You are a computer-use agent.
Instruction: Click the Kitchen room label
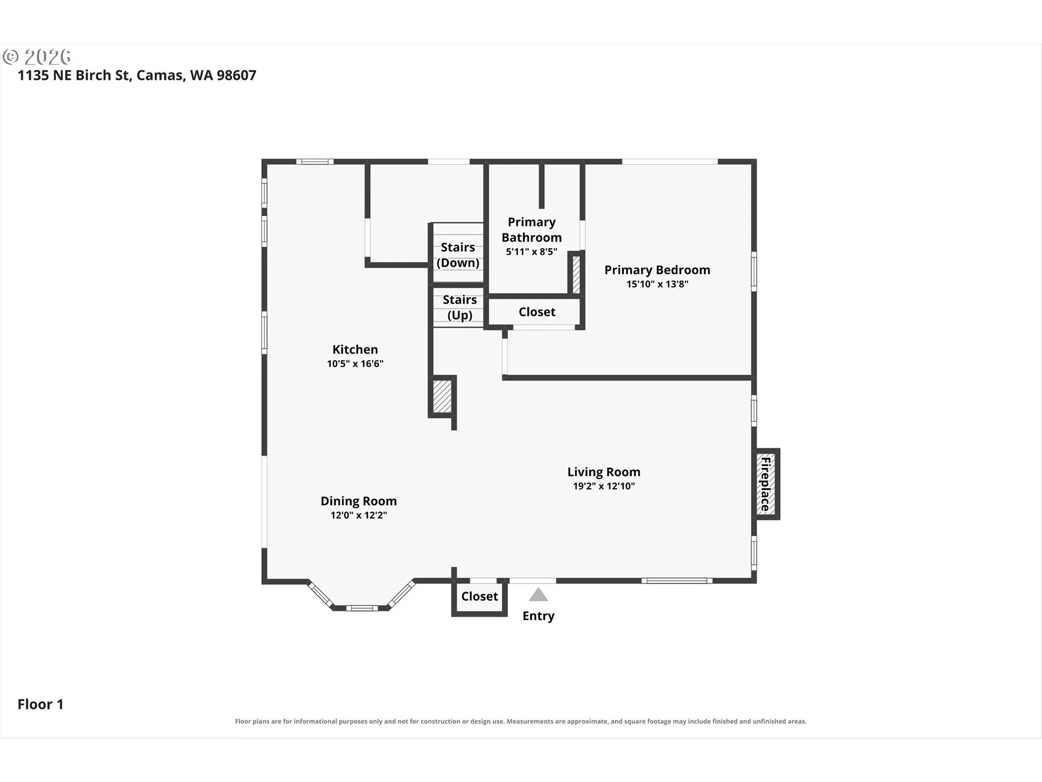pyautogui.click(x=355, y=350)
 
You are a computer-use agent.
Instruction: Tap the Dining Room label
pyautogui.click(x=359, y=501)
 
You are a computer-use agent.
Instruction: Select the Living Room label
pyautogui.click(x=604, y=472)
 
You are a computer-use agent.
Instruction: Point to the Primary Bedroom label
pyautogui.click(x=657, y=270)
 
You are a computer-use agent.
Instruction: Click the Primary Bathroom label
pyautogui.click(x=532, y=230)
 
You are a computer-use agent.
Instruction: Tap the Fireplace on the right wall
pyautogui.click(x=766, y=484)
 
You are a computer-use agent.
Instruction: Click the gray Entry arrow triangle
pyautogui.click(x=538, y=595)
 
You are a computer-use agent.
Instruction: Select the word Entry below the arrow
pyautogui.click(x=538, y=616)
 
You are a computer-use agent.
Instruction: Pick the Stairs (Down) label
pyautogui.click(x=458, y=255)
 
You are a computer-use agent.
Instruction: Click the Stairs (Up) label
pyautogui.click(x=460, y=307)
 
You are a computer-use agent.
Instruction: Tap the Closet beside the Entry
pyautogui.click(x=480, y=596)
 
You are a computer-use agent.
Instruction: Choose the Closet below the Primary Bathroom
pyautogui.click(x=537, y=312)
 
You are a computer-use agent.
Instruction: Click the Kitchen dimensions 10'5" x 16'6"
pyautogui.click(x=355, y=364)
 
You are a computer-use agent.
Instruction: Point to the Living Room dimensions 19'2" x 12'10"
pyautogui.click(x=604, y=486)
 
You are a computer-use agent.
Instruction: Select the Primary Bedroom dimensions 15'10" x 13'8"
pyautogui.click(x=657, y=284)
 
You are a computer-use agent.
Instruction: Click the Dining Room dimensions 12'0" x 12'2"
pyautogui.click(x=359, y=515)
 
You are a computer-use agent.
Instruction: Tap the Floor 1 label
pyautogui.click(x=41, y=704)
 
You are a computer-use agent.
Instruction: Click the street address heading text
pyautogui.click(x=137, y=75)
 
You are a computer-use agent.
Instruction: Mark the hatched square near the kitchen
pyautogui.click(x=442, y=396)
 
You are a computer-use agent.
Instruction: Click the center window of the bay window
pyautogui.click(x=361, y=608)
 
